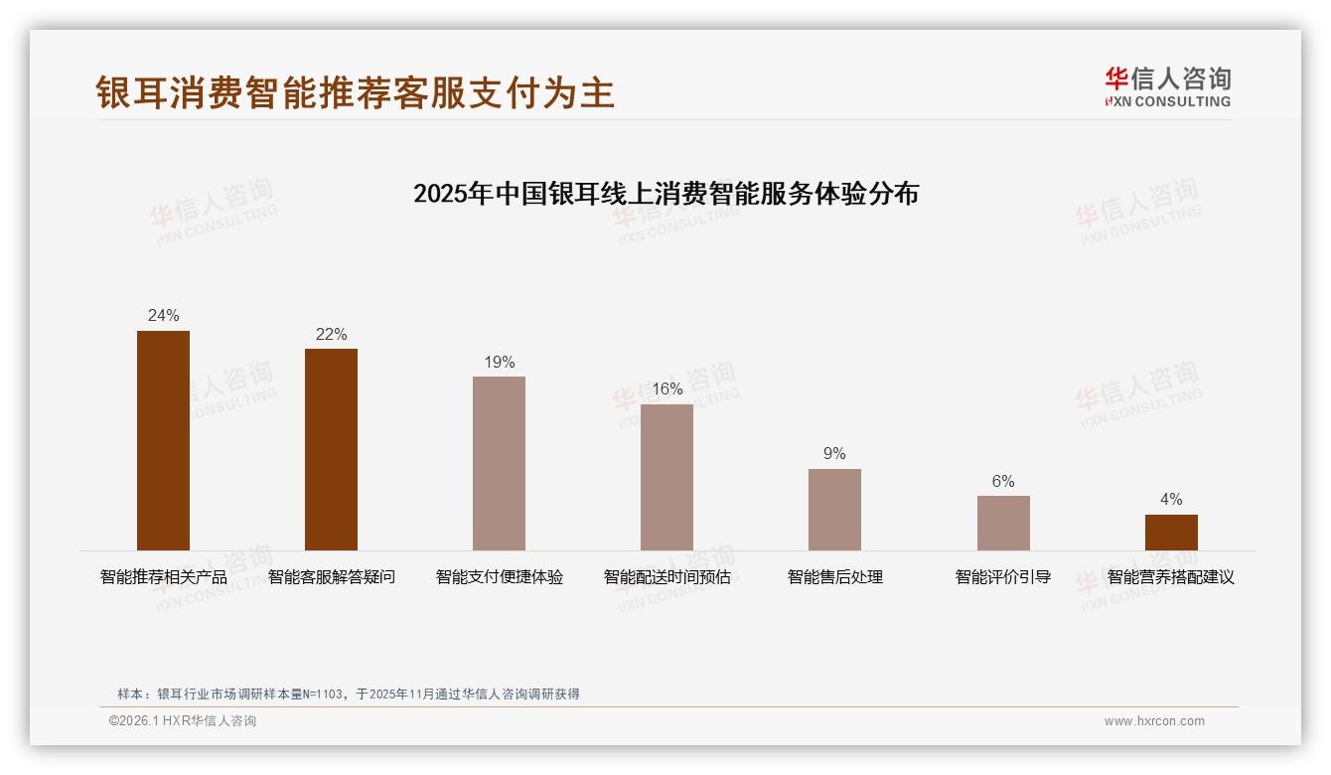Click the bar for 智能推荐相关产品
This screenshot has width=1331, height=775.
coord(163,440)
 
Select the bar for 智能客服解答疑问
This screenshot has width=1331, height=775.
coord(331,449)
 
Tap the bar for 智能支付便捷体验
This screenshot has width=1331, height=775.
coord(499,463)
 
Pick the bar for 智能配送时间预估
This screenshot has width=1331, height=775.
coord(666,477)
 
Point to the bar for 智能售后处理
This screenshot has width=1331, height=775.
coord(834,510)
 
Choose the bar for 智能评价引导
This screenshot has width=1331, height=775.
coord(1003,523)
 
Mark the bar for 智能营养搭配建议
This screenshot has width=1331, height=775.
coord(1171,533)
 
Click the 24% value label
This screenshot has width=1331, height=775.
coord(163,316)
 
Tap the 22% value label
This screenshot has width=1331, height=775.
coord(331,335)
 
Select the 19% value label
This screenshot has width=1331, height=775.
coord(499,363)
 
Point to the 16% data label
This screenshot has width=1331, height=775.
coord(666,389)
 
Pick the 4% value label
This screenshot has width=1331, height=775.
coord(1171,500)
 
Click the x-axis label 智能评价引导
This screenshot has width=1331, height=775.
coord(1003,577)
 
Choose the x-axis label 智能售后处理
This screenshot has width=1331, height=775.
coord(834,577)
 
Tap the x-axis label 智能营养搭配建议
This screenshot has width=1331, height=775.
coord(1171,577)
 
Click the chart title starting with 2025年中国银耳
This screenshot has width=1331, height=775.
coord(665,194)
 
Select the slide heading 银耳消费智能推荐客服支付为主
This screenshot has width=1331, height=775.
coord(356,93)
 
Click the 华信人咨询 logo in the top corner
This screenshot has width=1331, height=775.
coord(1167,87)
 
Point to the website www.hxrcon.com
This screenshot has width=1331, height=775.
coord(1154,721)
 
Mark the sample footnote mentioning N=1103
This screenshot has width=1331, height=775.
coord(348,695)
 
